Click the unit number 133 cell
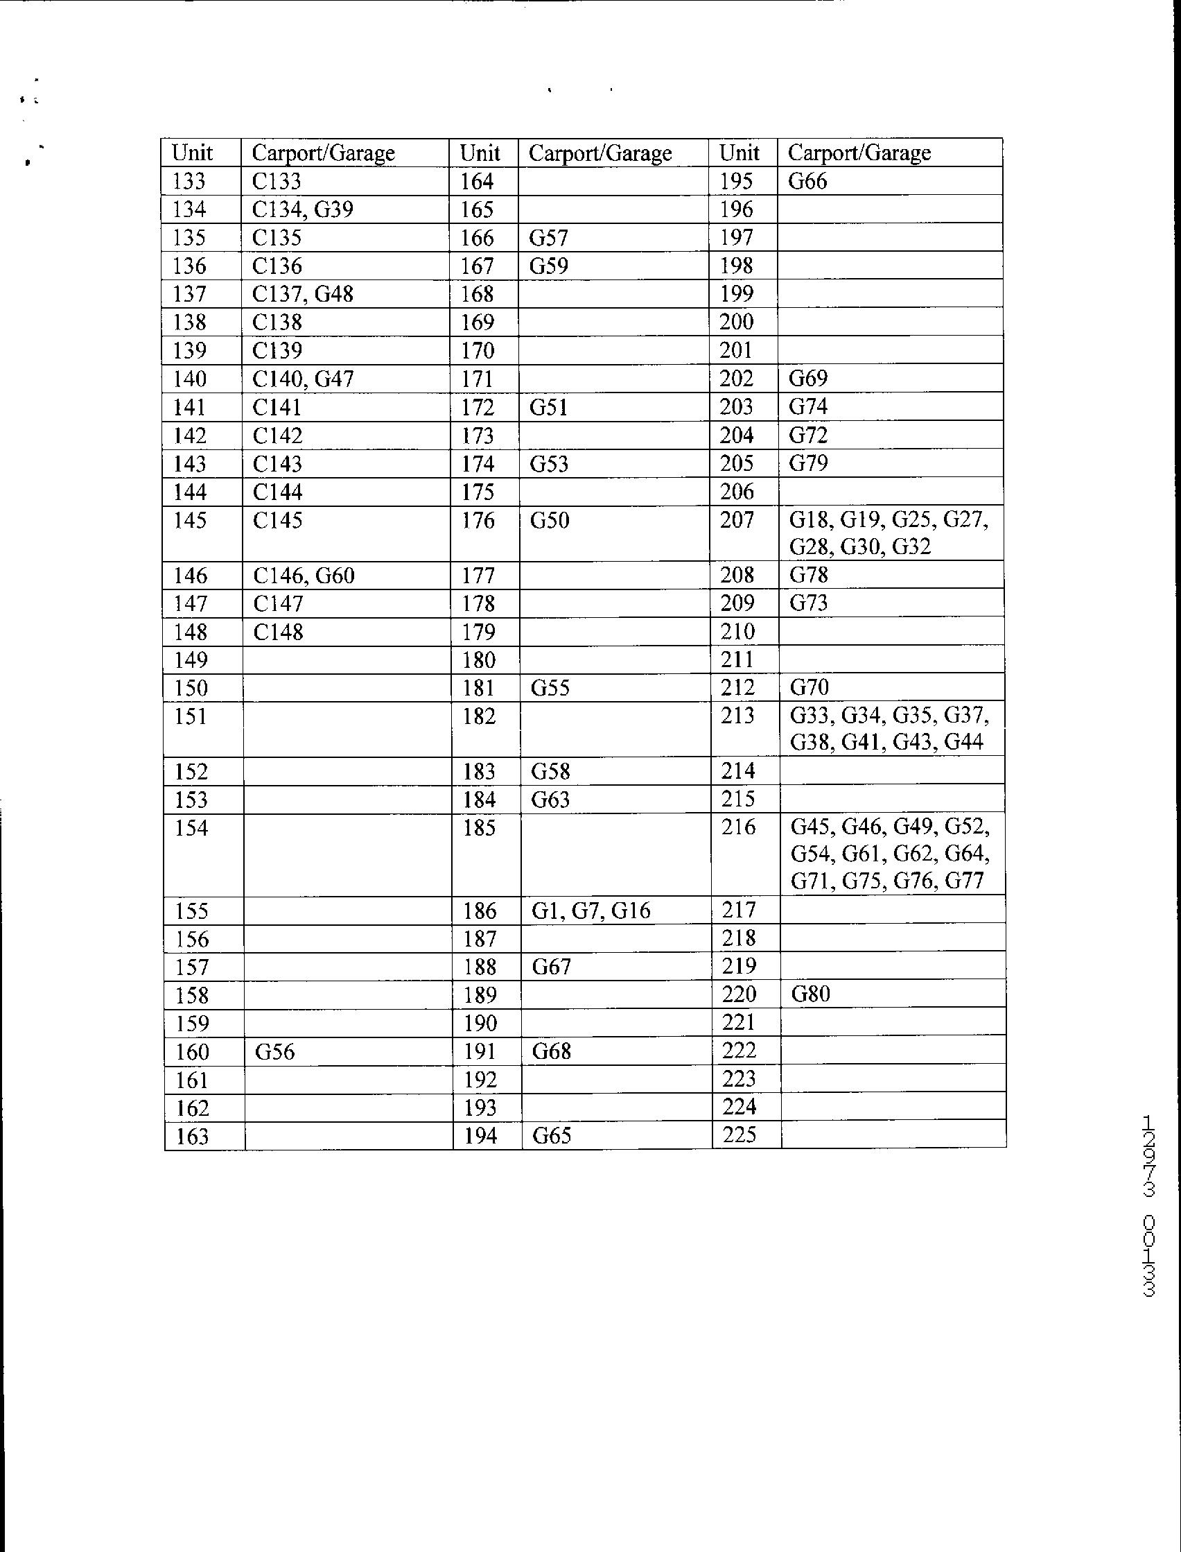pyautogui.click(x=189, y=182)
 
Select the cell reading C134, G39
pyautogui.click(x=302, y=209)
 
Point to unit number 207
pyautogui.click(x=737, y=520)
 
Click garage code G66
pyautogui.click(x=807, y=182)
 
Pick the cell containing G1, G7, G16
pyautogui.click(x=591, y=911)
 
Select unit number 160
pyautogui.click(x=192, y=1052)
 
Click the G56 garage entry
pyautogui.click(x=275, y=1052)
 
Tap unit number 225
pyautogui.click(x=739, y=1135)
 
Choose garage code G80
pyautogui.click(x=810, y=994)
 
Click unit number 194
pyautogui.click(x=480, y=1136)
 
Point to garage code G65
pyautogui.click(x=552, y=1136)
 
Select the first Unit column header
pyautogui.click(x=192, y=153)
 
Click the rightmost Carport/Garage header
pyautogui.click(x=859, y=153)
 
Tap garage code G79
pyautogui.click(x=808, y=463)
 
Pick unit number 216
pyautogui.click(x=738, y=827)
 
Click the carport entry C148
pyautogui.click(x=278, y=632)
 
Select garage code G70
pyautogui.click(x=809, y=687)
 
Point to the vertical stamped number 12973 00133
pyautogui.click(x=1148, y=1206)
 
